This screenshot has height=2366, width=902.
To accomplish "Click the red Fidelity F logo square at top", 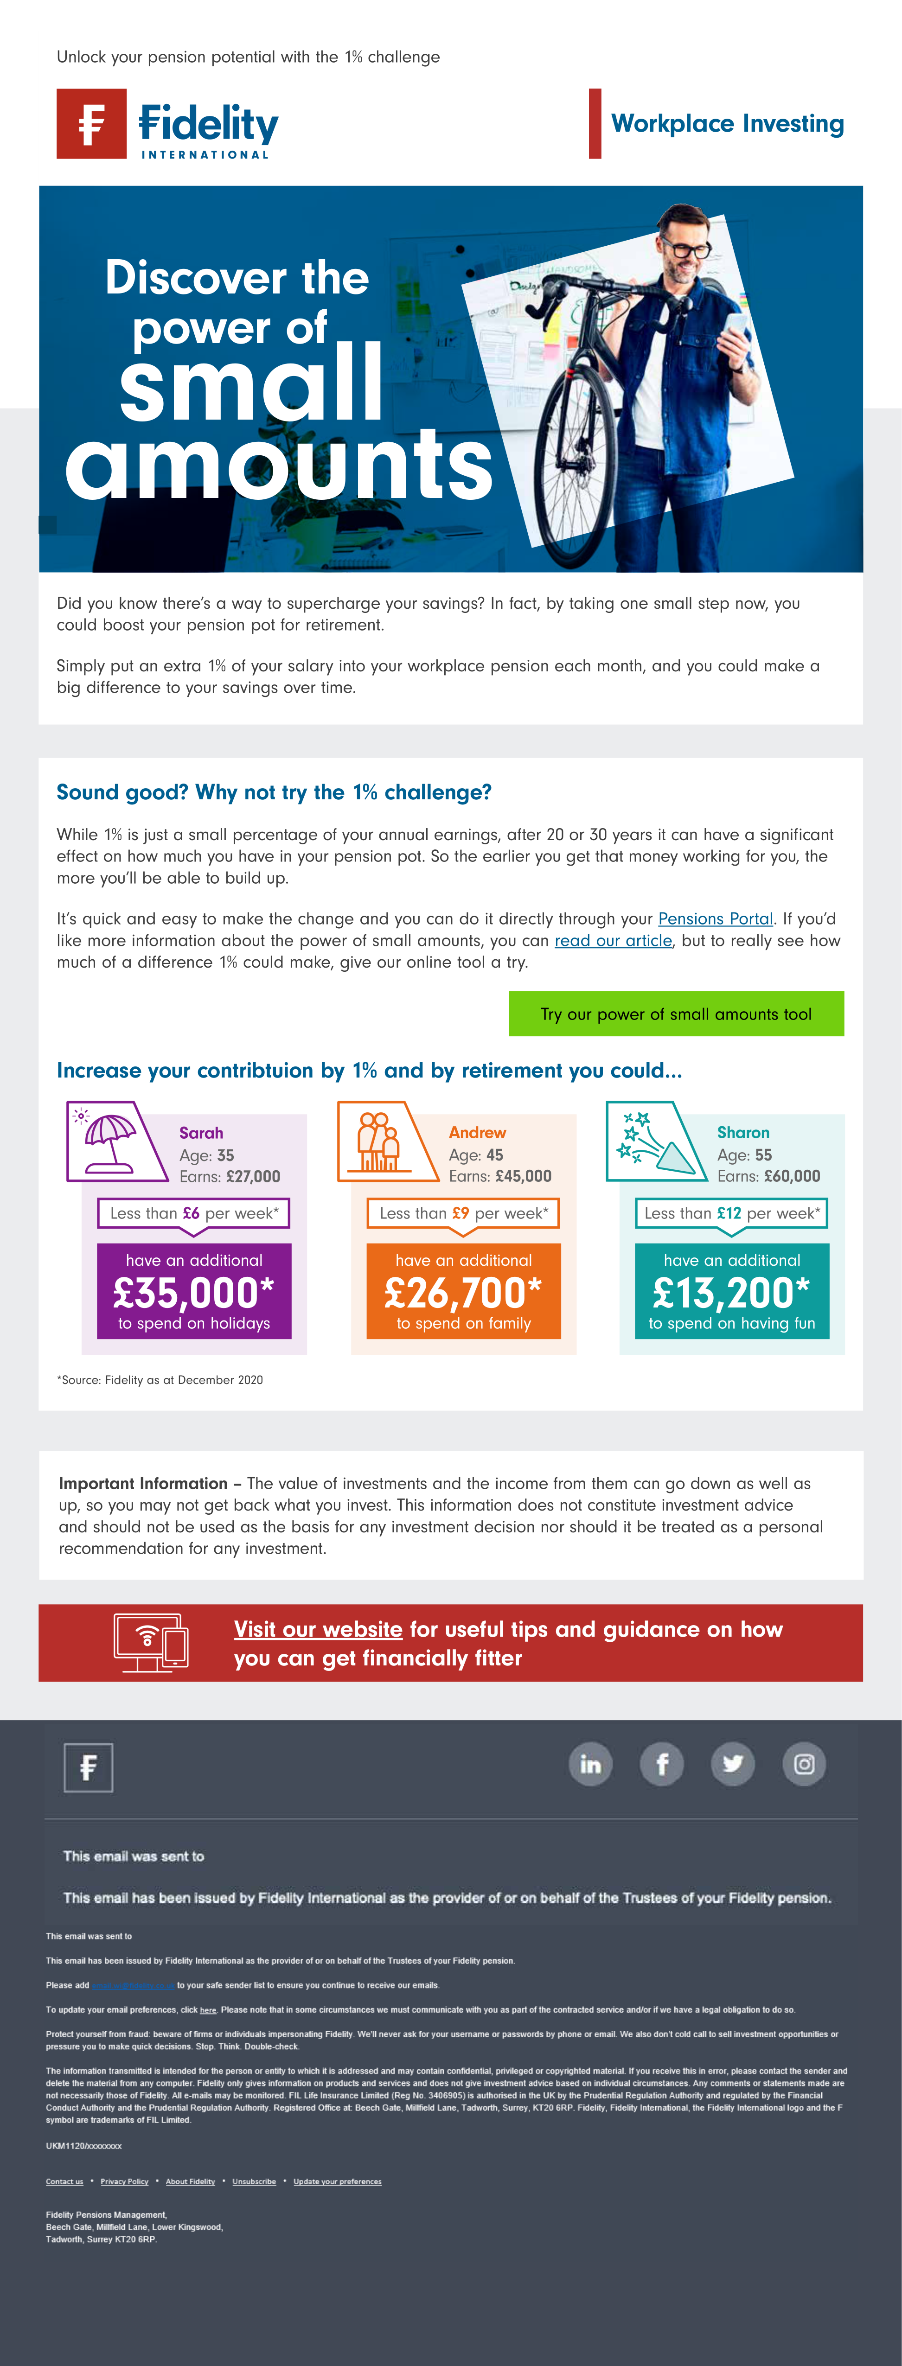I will [x=91, y=124].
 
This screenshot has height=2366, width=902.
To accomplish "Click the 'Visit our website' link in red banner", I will [x=318, y=1629].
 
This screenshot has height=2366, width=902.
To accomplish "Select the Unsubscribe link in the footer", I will [x=254, y=2181].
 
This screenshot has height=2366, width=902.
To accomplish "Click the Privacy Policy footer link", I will [x=124, y=2181].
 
